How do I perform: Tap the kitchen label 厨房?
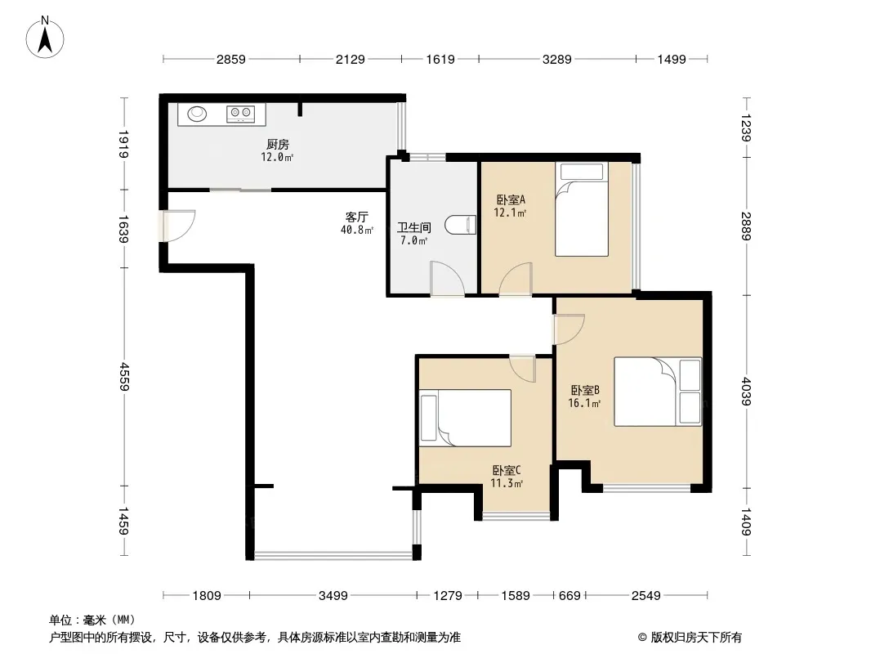[277, 145]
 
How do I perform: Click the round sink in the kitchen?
[197, 114]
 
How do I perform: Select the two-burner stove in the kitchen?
[240, 114]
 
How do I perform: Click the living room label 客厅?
[356, 217]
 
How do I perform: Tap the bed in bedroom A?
[582, 209]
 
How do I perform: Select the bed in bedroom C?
[465, 418]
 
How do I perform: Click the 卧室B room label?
[585, 390]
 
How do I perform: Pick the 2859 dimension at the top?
[231, 59]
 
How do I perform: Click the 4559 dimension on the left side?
[123, 377]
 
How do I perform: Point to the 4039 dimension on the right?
[747, 392]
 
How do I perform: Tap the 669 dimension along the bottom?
[569, 596]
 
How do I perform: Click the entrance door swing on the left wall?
[176, 226]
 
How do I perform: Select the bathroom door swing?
[447, 279]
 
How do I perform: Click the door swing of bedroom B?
[569, 329]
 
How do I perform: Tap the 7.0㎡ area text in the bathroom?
[413, 240]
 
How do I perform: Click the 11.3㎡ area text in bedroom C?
[506, 483]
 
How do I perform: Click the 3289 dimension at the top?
[557, 59]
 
